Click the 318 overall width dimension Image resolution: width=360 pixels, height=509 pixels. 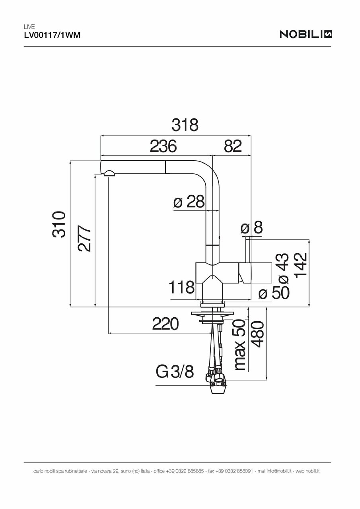185,125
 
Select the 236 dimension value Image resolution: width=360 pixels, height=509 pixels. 163,146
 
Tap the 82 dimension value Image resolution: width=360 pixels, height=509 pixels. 233,146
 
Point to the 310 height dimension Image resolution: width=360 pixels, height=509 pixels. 59,225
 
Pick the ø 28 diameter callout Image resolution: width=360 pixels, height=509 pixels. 189,202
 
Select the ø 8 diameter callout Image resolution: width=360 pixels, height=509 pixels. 252,228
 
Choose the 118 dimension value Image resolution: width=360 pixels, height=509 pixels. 181,288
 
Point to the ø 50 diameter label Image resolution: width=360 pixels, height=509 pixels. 274,293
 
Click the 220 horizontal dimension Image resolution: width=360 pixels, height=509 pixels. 165,325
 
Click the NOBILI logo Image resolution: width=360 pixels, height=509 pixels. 306,35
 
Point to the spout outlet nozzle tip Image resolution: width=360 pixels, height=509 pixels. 109,174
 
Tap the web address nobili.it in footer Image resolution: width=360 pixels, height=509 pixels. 313,471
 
